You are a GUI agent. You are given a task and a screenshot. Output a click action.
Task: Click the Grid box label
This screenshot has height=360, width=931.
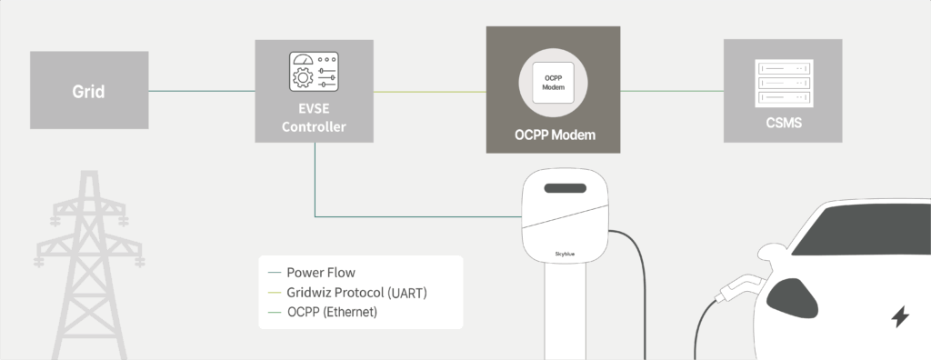pyautogui.click(x=88, y=92)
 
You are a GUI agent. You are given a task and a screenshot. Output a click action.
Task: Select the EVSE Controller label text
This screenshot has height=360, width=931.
pyautogui.click(x=314, y=118)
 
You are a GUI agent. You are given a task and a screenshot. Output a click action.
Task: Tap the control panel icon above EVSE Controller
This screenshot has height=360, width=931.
pyautogui.click(x=314, y=71)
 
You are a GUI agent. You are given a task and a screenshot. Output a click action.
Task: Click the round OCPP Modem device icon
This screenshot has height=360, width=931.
pyautogui.click(x=554, y=81)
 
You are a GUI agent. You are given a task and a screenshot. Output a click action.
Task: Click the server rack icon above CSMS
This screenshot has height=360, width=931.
pyautogui.click(x=782, y=81)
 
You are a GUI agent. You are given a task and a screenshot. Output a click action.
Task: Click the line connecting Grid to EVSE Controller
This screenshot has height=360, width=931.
pyautogui.click(x=202, y=91)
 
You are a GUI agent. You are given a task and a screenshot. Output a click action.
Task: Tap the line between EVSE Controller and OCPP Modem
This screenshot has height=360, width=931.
pyautogui.click(x=429, y=91)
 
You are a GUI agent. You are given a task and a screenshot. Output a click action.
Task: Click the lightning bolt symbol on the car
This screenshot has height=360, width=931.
pyautogui.click(x=900, y=317)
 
